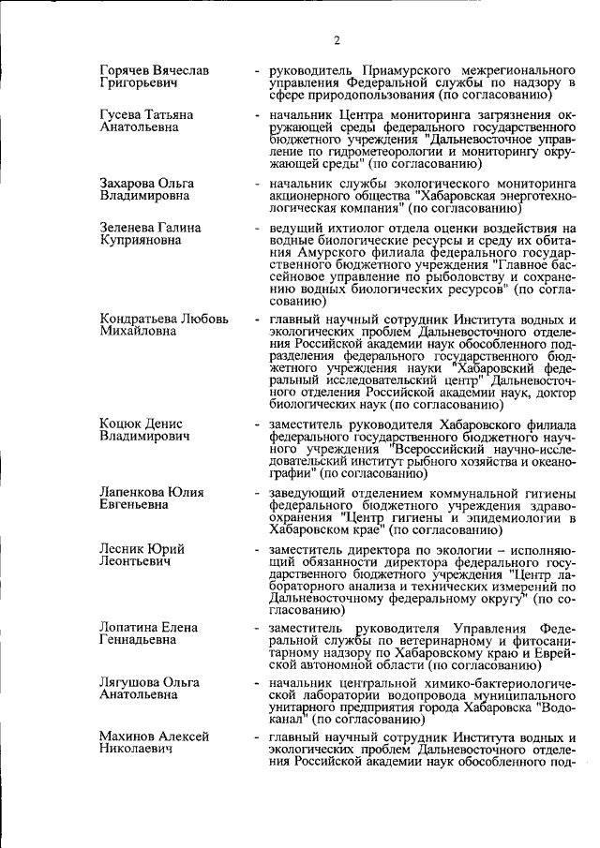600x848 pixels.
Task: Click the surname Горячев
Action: (x=128, y=71)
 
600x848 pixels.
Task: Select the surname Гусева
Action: (x=123, y=114)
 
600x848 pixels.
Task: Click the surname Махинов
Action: (x=128, y=737)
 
